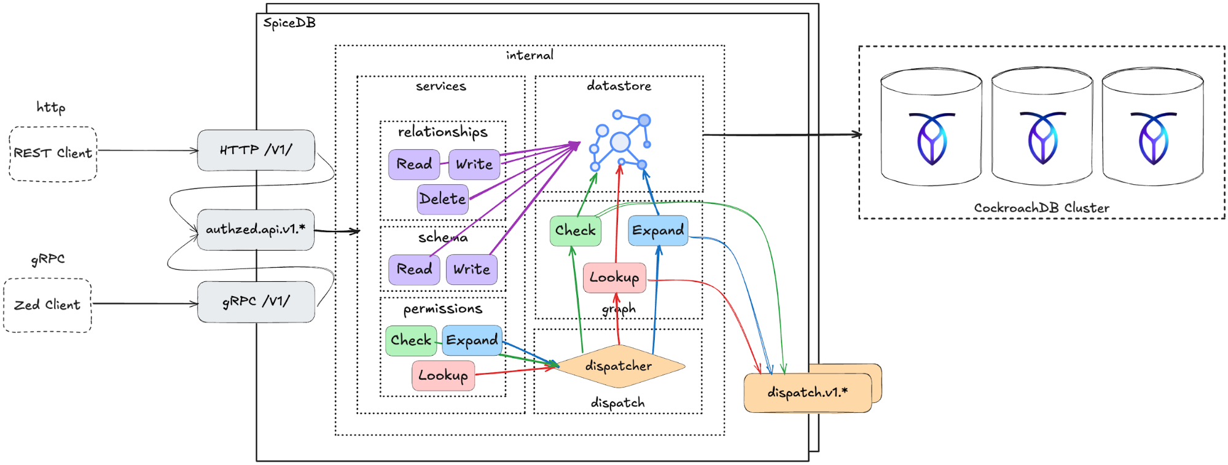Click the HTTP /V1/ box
256,150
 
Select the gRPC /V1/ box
256,302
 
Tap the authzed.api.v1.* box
256,230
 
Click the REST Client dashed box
53,154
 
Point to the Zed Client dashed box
47,305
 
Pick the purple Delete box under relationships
442,199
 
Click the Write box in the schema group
471,270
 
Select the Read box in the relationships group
414,165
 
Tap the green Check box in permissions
410,340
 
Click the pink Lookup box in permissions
443,375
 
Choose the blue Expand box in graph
658,231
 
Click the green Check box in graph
575,231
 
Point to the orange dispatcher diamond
619,367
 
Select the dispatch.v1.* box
807,393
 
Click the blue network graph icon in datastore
620,141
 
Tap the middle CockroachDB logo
1042,139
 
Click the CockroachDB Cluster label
1041,208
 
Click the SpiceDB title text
289,23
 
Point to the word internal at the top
530,55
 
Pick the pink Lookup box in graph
614,278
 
